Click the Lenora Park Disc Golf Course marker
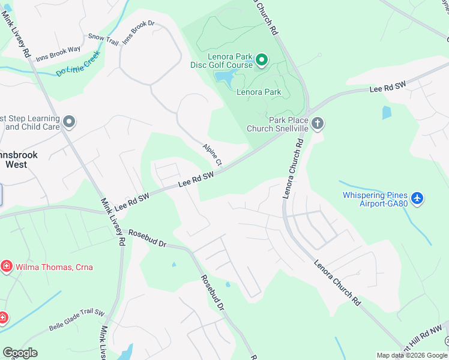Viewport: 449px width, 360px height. point(262,60)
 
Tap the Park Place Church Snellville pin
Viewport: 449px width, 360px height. point(318,124)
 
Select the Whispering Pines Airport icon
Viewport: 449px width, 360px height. point(418,197)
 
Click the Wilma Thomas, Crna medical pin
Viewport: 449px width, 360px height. point(7,266)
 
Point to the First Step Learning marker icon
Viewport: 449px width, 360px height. point(69,122)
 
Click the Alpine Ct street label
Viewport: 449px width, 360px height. point(212,155)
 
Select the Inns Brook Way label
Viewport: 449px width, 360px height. point(58,54)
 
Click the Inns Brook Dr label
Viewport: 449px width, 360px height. point(139,32)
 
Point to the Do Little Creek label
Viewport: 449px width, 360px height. point(78,64)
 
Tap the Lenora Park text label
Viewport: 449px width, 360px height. point(259,92)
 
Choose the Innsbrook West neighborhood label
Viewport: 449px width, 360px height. point(18,159)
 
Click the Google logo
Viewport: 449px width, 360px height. point(20,353)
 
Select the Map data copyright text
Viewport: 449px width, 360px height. point(411,355)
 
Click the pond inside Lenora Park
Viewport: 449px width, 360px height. point(225,76)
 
